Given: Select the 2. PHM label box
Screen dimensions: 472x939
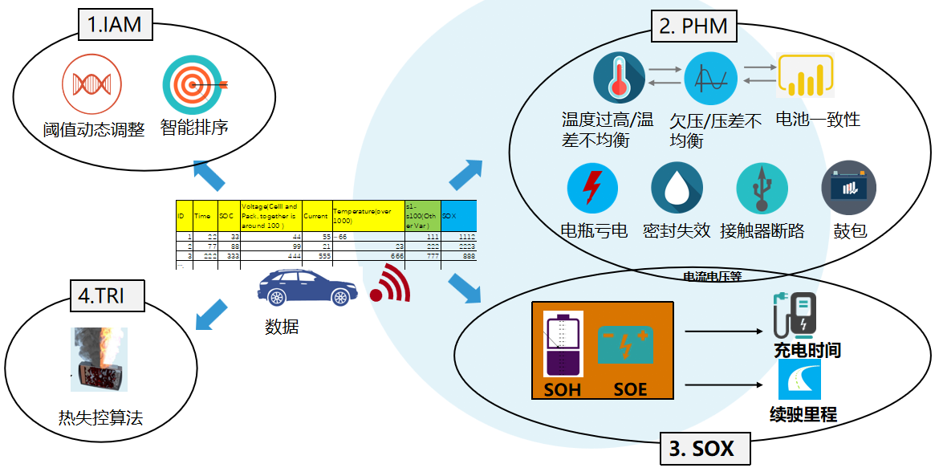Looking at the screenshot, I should coord(693,26).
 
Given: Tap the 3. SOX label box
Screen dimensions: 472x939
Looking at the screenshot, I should coord(701,448).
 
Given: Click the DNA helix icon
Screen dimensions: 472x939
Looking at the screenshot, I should coord(91,83).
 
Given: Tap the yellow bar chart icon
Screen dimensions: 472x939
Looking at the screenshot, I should coord(806,76).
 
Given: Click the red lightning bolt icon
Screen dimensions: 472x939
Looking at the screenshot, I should coord(592,188).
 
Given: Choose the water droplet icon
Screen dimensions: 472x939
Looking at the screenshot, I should coord(677,189).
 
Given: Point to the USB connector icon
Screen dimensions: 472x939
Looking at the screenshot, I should coord(762,189).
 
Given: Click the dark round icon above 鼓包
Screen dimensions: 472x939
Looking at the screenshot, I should coord(848,188).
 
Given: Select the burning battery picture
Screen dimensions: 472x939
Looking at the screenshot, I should coord(99,358).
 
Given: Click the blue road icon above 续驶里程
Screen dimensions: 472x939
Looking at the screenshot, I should coord(799,380).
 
